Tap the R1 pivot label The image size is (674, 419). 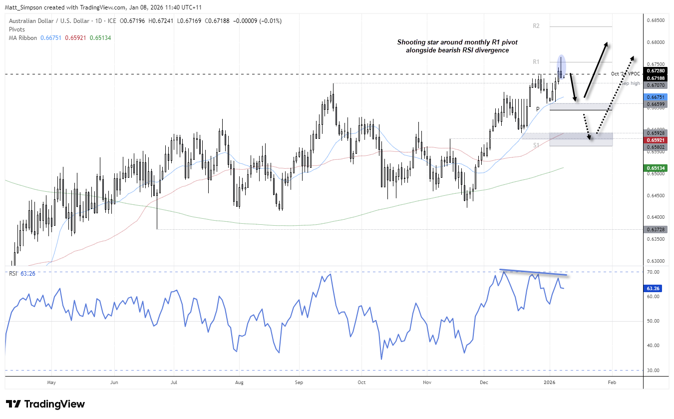click(x=536, y=62)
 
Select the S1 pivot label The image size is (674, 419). click(x=536, y=145)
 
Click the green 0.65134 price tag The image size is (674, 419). click(x=656, y=168)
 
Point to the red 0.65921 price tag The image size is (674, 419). click(x=656, y=140)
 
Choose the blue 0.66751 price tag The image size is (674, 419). click(x=656, y=97)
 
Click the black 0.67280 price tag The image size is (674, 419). click(x=656, y=71)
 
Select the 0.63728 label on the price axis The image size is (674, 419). click(x=656, y=229)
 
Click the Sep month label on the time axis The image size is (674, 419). click(x=299, y=382)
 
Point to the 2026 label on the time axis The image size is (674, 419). click(x=550, y=382)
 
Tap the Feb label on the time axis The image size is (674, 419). click(x=612, y=382)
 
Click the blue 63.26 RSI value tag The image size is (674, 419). click(x=656, y=288)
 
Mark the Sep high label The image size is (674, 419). click(x=630, y=83)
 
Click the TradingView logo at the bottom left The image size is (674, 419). click(x=45, y=404)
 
